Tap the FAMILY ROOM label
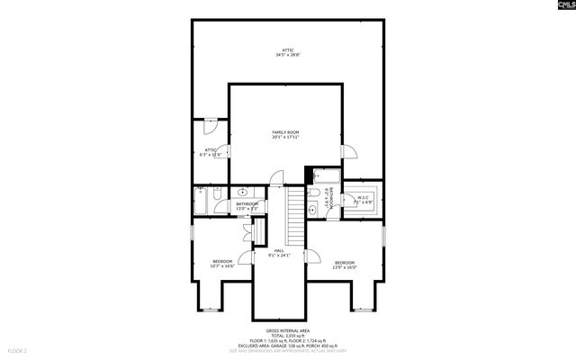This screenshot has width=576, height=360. [285, 134]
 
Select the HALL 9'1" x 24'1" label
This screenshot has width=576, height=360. [279, 253]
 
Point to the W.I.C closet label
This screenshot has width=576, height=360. [363, 200]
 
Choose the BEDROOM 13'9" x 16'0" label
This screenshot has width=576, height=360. [345, 265]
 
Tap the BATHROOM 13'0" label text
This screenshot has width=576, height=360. [247, 206]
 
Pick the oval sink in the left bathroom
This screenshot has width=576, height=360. [243, 193]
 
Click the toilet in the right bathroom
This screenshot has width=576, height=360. [313, 190]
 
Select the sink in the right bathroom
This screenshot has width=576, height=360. [311, 208]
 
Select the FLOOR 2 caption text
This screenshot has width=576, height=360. [18, 349]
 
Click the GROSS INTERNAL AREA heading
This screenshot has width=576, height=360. [288, 330]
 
